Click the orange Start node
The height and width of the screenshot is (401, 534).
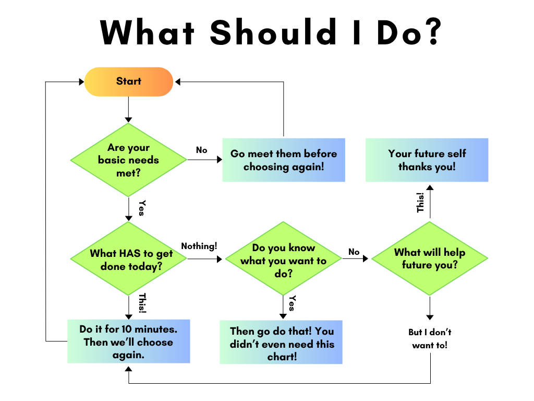click(x=128, y=81)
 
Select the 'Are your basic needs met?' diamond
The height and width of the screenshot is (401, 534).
click(x=128, y=160)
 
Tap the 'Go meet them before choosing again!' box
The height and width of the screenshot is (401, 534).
click(x=284, y=160)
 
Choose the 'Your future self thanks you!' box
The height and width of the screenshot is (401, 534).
click(x=427, y=160)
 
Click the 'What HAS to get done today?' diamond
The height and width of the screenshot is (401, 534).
click(x=128, y=259)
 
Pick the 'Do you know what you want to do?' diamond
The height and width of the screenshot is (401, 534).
click(x=283, y=260)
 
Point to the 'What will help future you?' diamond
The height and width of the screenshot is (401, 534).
click(x=429, y=258)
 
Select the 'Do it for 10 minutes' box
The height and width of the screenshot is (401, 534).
click(x=128, y=342)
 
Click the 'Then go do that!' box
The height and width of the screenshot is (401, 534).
click(x=282, y=343)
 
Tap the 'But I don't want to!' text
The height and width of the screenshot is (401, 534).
click(x=430, y=338)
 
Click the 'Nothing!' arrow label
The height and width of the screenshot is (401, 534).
click(x=199, y=245)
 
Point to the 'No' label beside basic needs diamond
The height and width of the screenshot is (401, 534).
click(x=201, y=150)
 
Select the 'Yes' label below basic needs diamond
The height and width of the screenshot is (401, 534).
click(x=141, y=207)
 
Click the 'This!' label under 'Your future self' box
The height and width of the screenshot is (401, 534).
click(x=420, y=202)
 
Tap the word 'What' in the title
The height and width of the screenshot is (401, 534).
click(x=148, y=32)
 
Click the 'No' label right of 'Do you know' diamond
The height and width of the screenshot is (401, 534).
click(x=354, y=252)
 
